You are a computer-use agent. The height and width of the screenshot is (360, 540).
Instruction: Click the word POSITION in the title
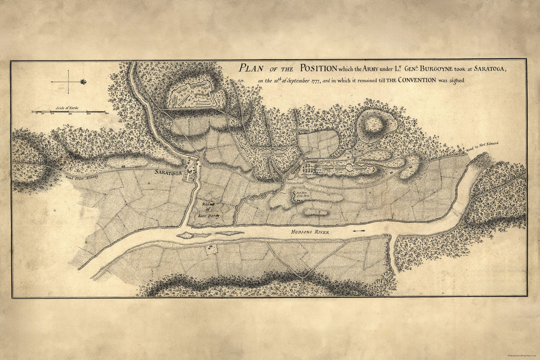point(318,68)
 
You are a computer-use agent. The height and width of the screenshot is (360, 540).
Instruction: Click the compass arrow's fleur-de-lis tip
point(83,81)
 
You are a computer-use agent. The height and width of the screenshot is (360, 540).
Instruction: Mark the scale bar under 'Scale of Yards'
point(69,112)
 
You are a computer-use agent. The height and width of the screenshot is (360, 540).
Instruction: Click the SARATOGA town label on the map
point(169,173)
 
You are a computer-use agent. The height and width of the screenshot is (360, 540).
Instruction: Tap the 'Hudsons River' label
point(309,232)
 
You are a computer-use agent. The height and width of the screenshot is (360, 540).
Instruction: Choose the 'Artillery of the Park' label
point(304,195)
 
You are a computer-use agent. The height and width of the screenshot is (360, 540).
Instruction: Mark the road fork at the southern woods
point(303,275)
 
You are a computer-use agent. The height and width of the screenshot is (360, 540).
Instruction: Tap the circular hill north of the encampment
point(376,124)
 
